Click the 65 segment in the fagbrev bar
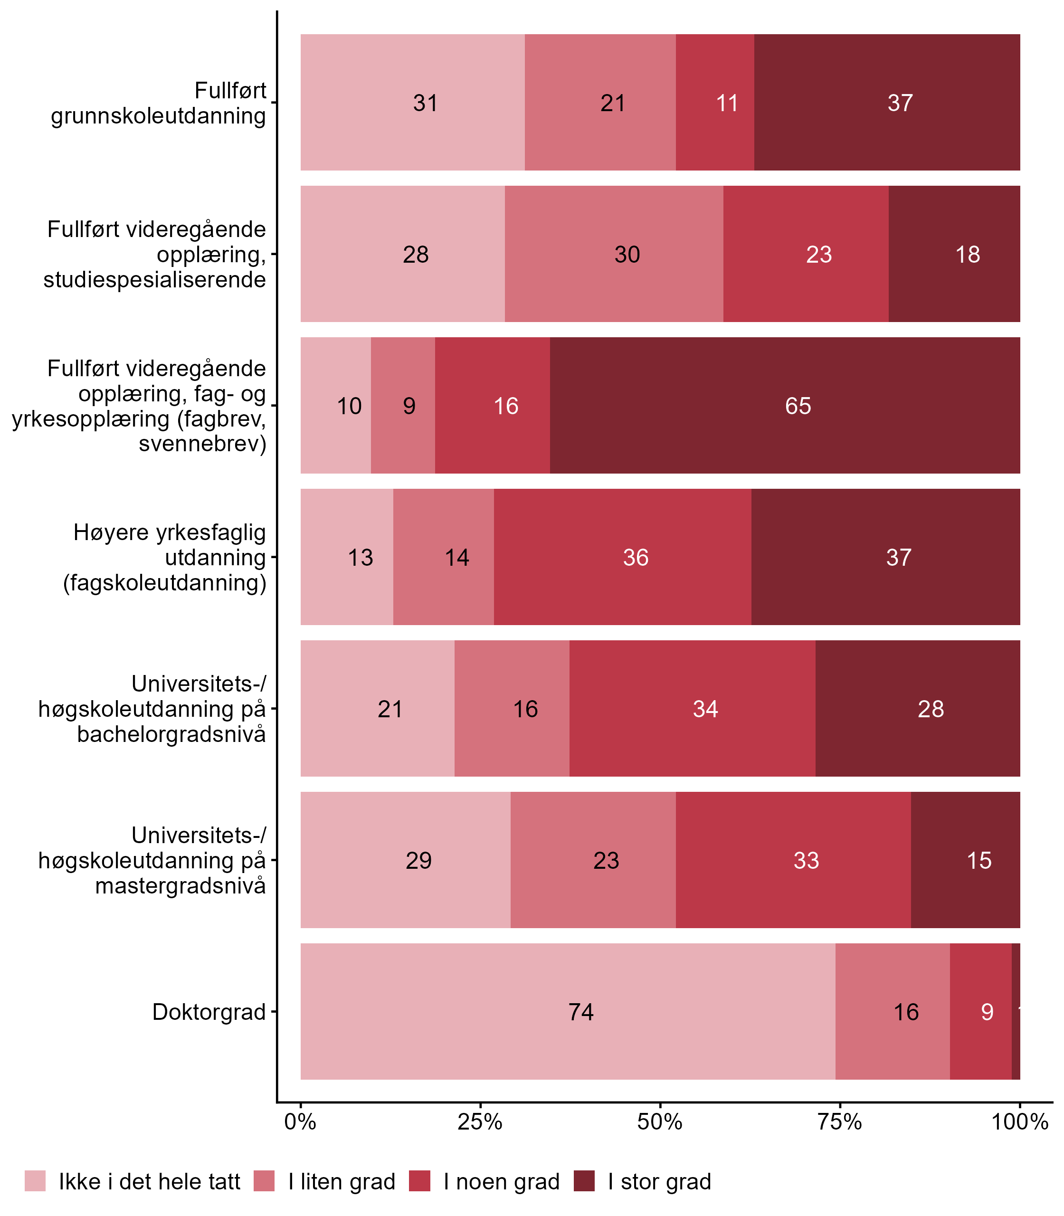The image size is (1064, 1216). [784, 406]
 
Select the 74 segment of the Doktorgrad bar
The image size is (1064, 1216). [568, 1012]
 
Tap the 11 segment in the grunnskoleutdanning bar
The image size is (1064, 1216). [715, 103]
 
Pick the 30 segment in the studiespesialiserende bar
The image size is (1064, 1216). [614, 254]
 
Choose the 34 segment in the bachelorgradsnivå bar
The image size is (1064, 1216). [693, 709]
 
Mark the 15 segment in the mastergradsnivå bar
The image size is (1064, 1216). [965, 860]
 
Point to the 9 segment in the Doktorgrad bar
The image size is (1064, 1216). [981, 1012]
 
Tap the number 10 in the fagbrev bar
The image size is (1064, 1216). [349, 406]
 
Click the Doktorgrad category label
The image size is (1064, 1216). [209, 1012]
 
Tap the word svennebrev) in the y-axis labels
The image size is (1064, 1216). [202, 444]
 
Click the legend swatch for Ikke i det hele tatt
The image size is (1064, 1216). [35, 1181]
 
